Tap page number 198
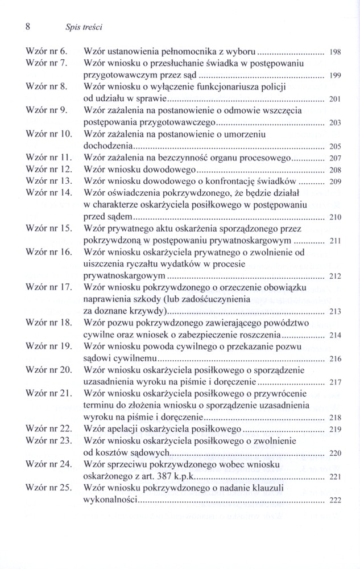[335, 52]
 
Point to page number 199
[335, 76]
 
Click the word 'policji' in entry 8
[272, 86]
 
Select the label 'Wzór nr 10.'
[49, 134]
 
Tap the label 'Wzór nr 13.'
[49, 182]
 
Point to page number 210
[335, 218]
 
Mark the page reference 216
[335, 359]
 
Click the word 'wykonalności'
[111, 501]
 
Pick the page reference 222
[335, 501]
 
